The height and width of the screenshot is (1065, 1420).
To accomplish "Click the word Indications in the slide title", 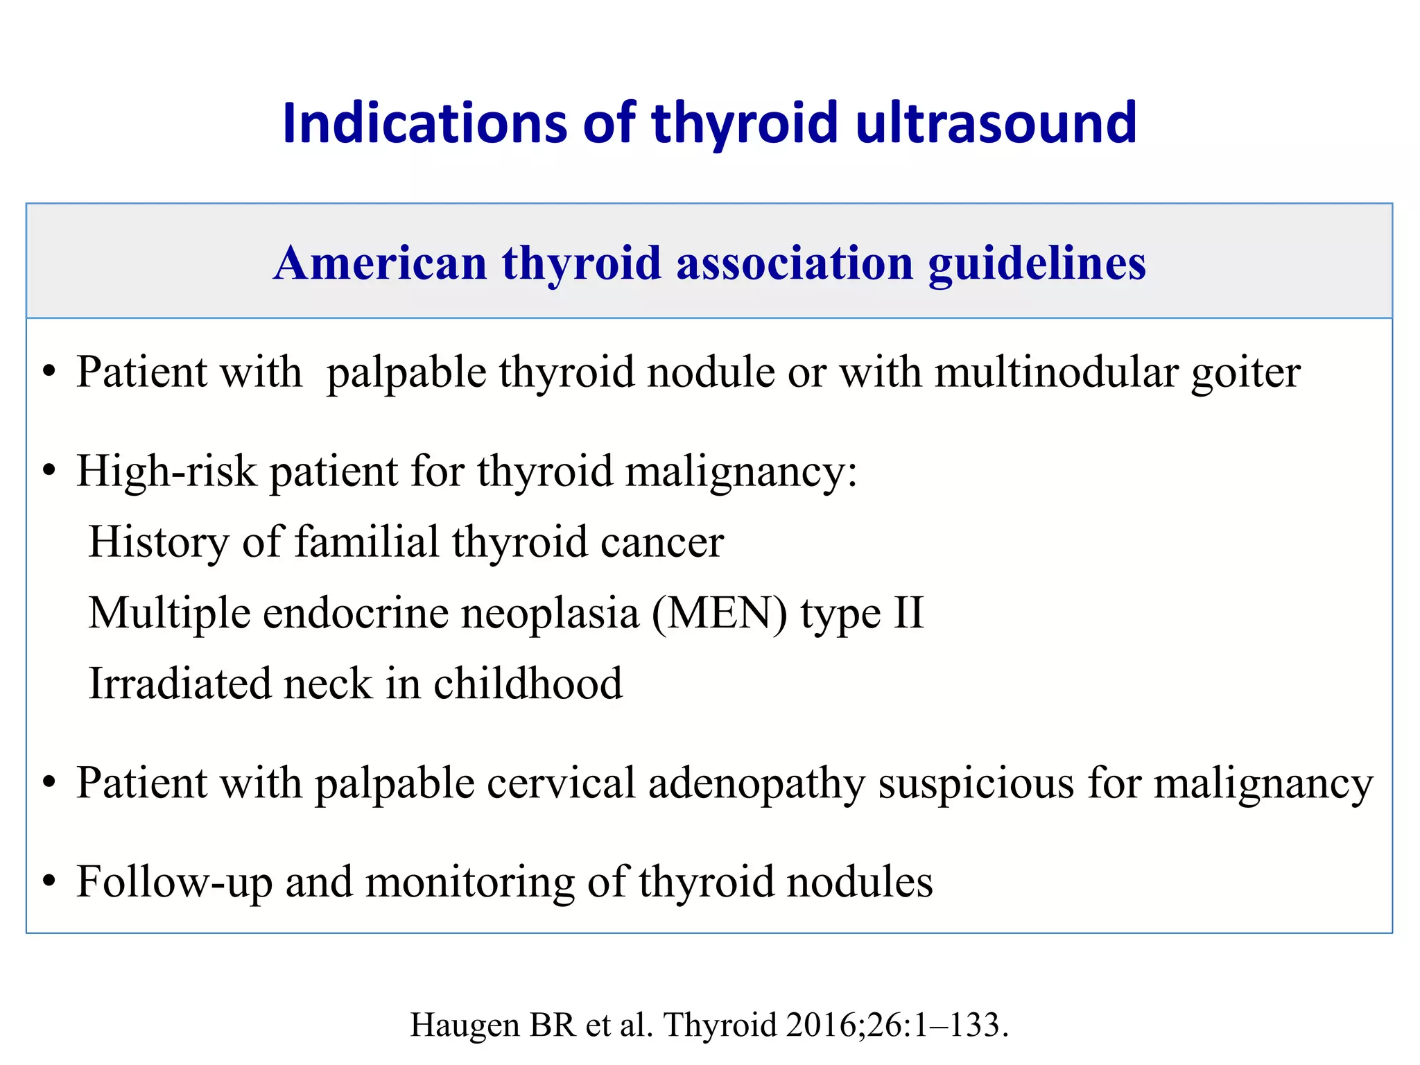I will click(425, 123).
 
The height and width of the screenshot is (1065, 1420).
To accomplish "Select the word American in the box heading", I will click(381, 263).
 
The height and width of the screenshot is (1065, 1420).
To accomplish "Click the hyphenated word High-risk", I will click(166, 471).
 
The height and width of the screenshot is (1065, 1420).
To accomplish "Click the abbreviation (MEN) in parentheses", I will click(719, 614).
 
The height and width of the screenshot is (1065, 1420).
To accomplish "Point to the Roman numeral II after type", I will click(908, 613).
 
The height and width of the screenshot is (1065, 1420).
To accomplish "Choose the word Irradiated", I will click(180, 684).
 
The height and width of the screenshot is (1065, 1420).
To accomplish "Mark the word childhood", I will click(528, 684).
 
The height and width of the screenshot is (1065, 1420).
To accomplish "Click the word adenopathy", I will click(756, 783).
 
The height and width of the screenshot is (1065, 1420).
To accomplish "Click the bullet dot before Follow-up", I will click(49, 882).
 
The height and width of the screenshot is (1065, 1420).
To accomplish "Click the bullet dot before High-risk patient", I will click(49, 471).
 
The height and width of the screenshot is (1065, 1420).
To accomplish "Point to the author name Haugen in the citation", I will click(465, 1025).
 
